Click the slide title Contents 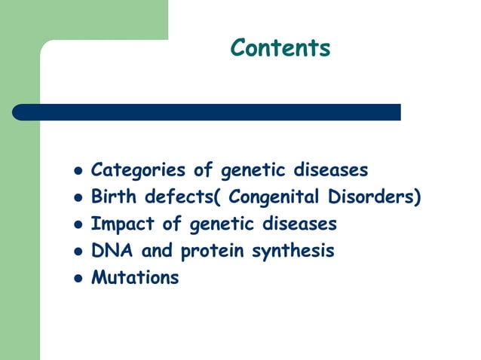(x=280, y=47)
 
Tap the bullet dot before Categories (x=76, y=171)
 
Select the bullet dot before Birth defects (x=76, y=198)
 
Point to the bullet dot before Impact (x=76, y=225)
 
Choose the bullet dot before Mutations (x=76, y=279)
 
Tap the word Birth (x=112, y=197)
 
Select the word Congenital (x=274, y=197)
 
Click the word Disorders (x=374, y=197)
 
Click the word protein (x=199, y=252)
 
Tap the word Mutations (x=135, y=278)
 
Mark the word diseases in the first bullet (x=332, y=170)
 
